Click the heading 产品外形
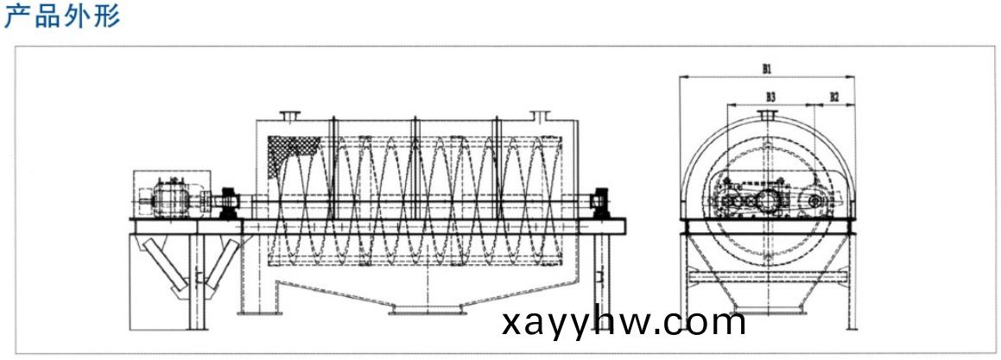(62, 16)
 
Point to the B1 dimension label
(767, 69)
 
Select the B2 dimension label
(834, 97)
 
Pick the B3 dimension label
(770, 97)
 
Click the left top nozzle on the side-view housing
(290, 117)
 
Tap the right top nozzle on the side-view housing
(540, 117)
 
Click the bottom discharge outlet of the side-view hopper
(426, 310)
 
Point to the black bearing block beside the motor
(228, 203)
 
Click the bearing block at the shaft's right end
(600, 203)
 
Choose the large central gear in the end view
(767, 202)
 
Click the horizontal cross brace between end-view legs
(767, 278)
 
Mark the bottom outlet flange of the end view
(767, 311)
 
